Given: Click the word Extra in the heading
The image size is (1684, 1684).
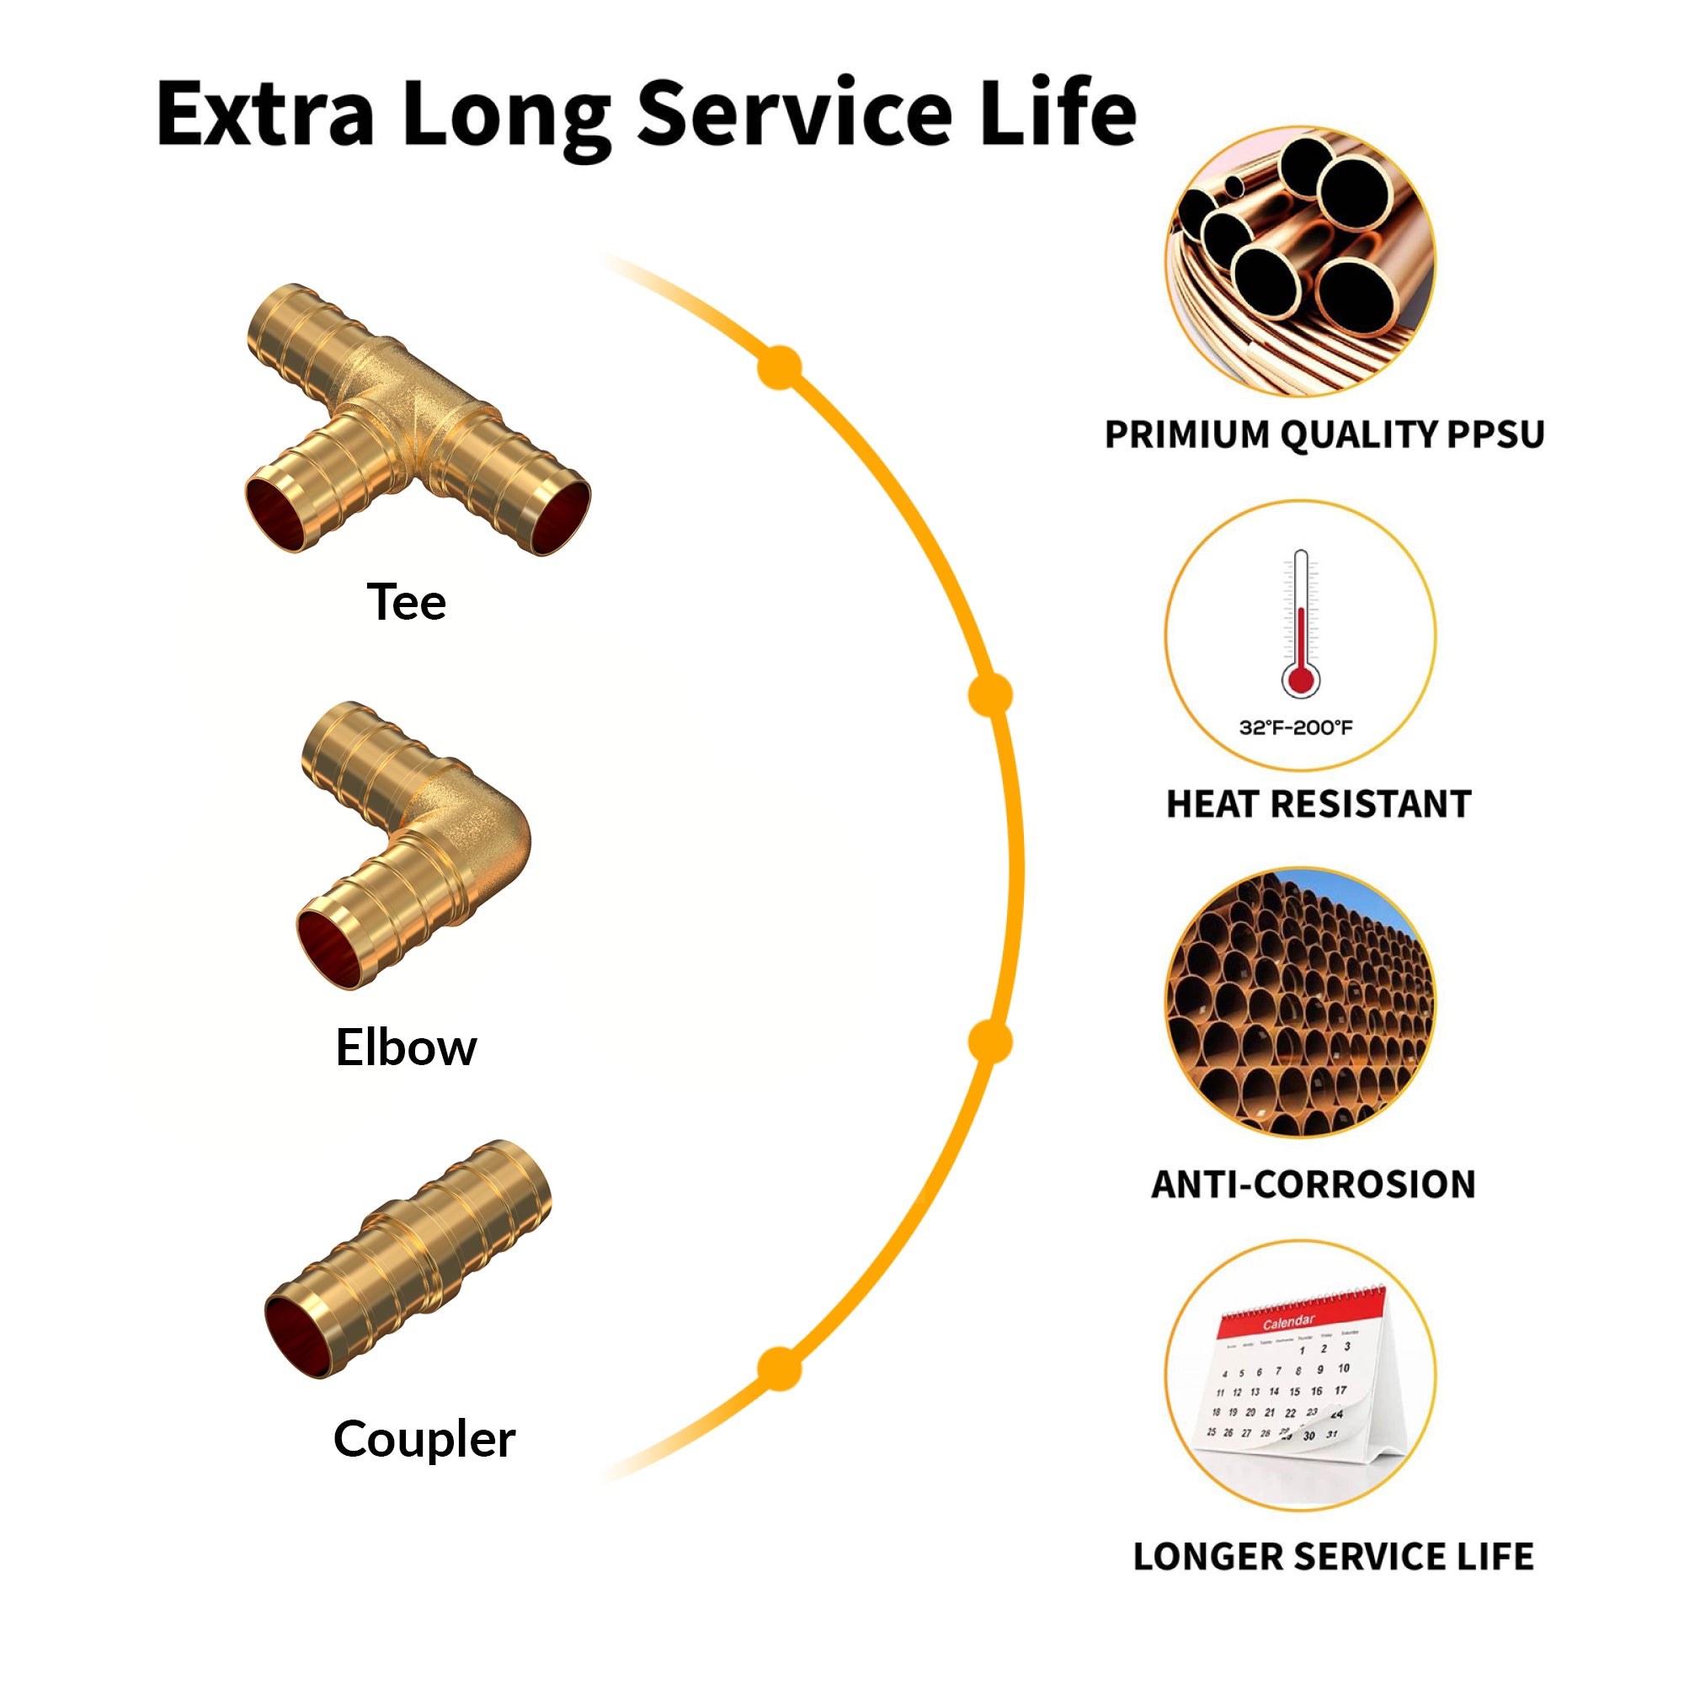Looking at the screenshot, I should point(265,114).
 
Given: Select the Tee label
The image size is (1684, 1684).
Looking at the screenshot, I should point(406,602).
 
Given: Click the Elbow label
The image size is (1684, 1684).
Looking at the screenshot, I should point(406,1047).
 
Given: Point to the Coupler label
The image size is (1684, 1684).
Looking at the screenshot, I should point(424,1438).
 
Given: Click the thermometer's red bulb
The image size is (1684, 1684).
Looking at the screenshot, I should point(1301,679).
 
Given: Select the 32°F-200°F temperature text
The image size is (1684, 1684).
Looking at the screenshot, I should point(1296,727).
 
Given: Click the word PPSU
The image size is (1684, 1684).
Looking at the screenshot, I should point(1495,435).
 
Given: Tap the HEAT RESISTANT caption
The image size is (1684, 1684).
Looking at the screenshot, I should point(1319,804).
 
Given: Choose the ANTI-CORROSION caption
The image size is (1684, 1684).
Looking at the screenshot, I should point(1314,1185).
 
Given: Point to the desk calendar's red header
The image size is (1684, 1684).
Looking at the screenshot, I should point(1298,1316).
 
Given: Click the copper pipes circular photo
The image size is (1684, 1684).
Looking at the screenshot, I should point(1301,262).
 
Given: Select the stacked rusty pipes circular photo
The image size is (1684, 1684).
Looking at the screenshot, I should point(1301,1002).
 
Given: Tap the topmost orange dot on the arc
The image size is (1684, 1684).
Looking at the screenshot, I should point(781,368).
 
